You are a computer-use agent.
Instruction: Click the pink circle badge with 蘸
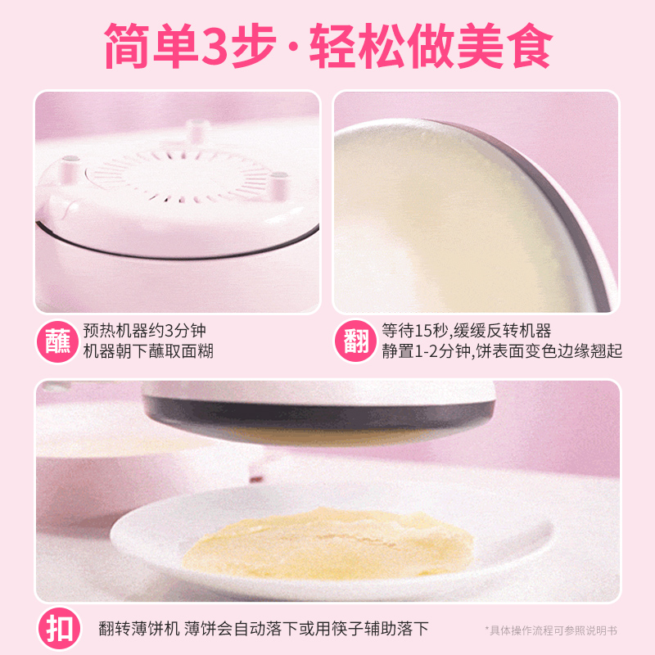[x=58, y=341]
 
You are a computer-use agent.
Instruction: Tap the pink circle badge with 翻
[x=356, y=341]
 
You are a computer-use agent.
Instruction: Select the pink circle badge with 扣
[x=58, y=629]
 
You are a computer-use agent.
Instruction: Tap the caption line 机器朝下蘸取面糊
[x=153, y=352]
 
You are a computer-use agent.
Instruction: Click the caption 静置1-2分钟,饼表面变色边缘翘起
[x=502, y=352]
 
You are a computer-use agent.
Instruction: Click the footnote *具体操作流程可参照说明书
[x=550, y=630]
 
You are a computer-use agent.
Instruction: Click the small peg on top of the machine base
[x=195, y=131]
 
